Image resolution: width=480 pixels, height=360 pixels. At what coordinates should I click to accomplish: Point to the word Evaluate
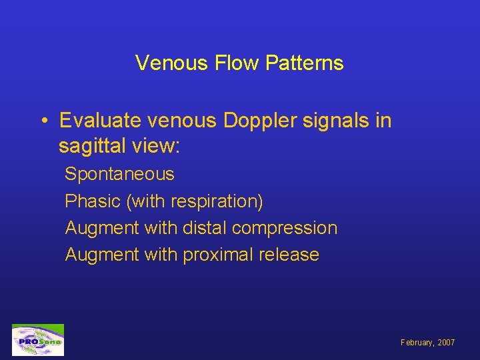[99, 121]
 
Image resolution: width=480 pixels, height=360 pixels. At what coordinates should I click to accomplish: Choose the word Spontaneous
[119, 175]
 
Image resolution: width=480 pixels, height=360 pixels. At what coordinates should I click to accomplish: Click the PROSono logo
[38, 340]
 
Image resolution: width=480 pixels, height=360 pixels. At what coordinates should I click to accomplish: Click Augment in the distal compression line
[99, 228]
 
